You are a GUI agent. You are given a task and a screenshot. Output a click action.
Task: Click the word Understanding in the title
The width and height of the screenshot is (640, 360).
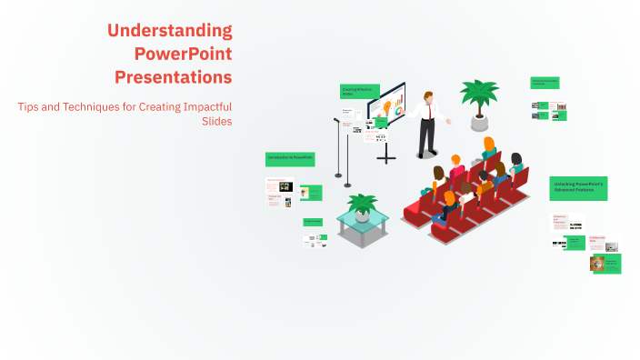click(x=170, y=31)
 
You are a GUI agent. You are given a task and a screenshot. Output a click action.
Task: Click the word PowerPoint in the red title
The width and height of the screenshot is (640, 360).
click(x=183, y=54)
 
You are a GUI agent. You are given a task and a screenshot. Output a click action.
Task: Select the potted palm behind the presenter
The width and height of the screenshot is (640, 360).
click(x=478, y=100)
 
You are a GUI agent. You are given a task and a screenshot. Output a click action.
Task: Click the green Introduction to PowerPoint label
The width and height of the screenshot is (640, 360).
click(x=289, y=158)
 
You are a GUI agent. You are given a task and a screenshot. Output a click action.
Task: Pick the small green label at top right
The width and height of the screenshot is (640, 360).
click(x=545, y=82)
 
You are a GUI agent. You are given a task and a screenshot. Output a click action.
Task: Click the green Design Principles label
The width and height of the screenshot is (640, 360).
click(x=313, y=221)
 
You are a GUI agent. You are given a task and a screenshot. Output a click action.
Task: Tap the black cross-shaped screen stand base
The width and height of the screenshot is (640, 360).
click(x=386, y=158)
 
